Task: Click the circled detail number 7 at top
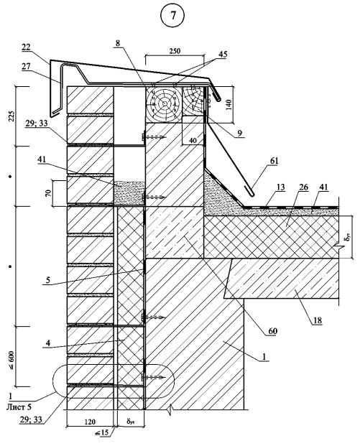click(172, 16)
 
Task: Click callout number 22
click(26, 47)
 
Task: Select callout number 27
click(26, 66)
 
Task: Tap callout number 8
click(118, 43)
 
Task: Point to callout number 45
click(223, 55)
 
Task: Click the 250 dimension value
click(175, 51)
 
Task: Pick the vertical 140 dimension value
click(229, 105)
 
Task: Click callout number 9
click(239, 133)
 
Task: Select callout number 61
click(274, 161)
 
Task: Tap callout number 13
click(280, 187)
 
